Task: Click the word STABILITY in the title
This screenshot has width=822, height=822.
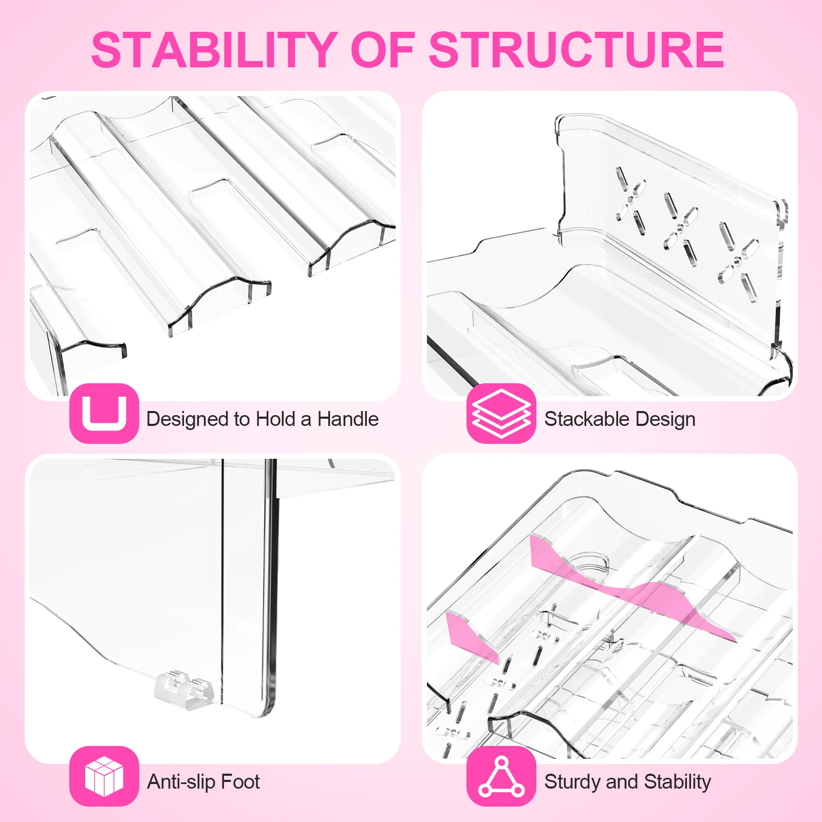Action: pos(214,50)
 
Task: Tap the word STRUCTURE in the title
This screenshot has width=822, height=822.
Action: pos(576,50)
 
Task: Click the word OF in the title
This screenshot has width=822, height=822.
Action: pos(382,50)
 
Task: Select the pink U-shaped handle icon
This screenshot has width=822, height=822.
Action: pos(104,413)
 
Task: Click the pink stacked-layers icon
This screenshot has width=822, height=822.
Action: pos(501,413)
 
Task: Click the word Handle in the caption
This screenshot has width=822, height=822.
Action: pos(348,419)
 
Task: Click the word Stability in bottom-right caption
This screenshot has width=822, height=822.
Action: pos(677,782)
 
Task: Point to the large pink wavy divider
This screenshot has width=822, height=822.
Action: pos(632,591)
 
